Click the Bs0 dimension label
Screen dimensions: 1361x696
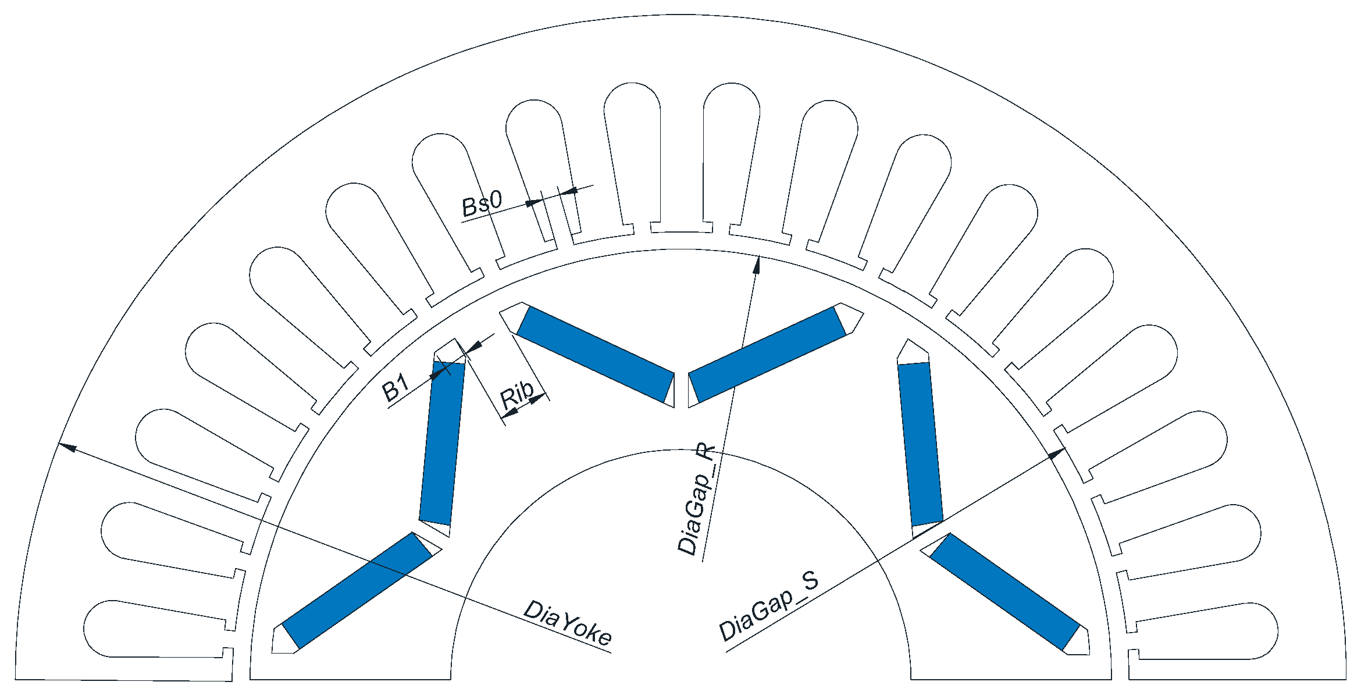point(481,204)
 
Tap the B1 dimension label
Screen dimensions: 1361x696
point(396,388)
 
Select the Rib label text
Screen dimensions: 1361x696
point(517,395)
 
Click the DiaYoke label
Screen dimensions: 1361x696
point(568,623)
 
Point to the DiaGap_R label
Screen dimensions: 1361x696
point(696,500)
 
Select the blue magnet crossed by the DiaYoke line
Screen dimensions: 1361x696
point(357,591)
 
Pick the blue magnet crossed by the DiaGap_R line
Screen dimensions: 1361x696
point(767,354)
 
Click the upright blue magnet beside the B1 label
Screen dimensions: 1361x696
point(442,443)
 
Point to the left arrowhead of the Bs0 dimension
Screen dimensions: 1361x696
point(534,203)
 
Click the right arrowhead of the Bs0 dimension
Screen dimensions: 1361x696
point(568,191)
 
